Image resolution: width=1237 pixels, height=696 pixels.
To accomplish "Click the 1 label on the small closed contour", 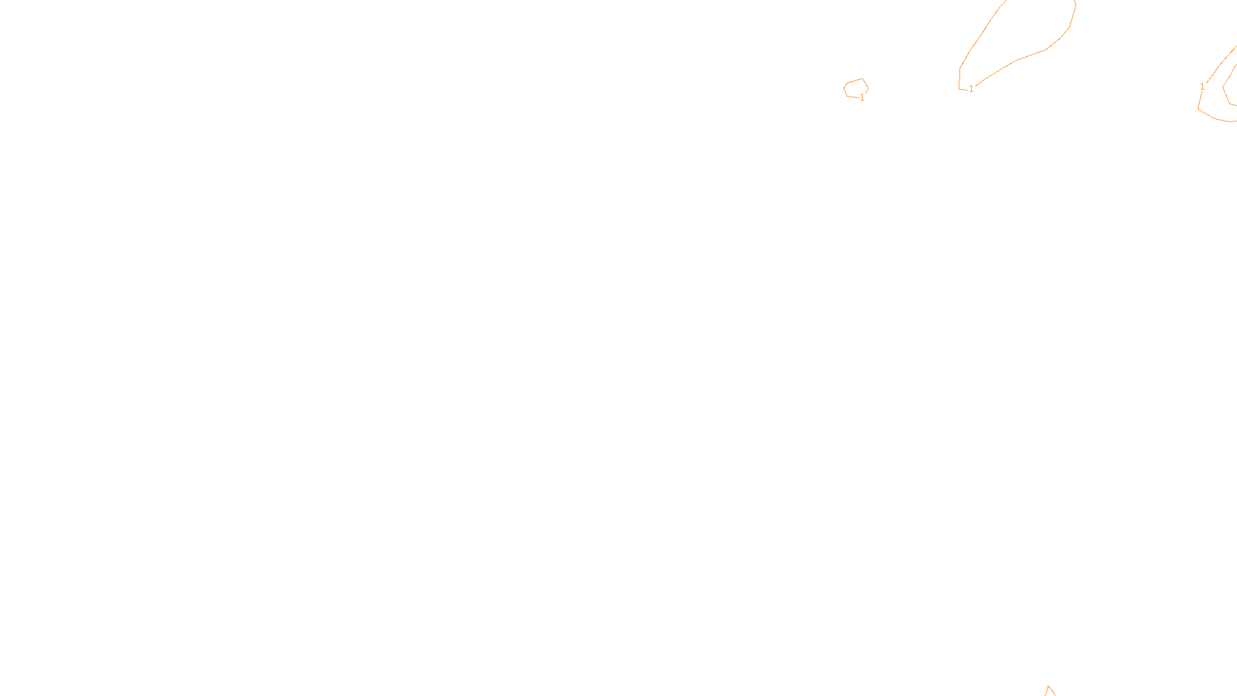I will (863, 98).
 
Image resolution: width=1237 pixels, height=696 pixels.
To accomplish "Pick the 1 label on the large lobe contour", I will (971, 90).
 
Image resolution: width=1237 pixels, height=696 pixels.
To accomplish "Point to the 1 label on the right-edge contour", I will (1202, 87).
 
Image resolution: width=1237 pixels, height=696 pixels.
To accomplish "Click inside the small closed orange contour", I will (855, 88).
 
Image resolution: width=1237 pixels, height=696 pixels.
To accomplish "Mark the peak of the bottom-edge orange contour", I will (1049, 686).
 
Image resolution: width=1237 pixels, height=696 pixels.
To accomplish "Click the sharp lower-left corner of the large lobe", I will (960, 89).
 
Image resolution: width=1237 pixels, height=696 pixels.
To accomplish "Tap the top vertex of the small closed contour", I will (862, 79).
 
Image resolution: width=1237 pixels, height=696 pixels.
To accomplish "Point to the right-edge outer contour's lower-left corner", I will (1198, 108).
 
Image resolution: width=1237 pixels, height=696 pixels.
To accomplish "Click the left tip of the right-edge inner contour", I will (1223, 87).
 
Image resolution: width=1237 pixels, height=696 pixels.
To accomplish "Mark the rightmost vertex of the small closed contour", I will (868, 89).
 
